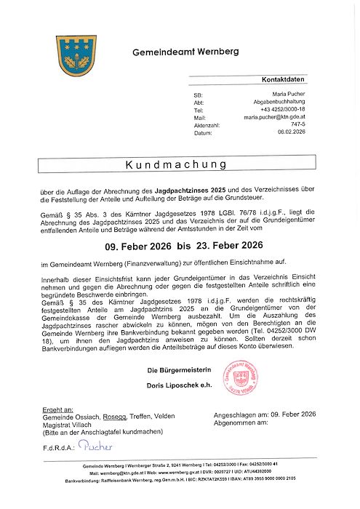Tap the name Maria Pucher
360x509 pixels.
pyautogui.click(x=289, y=95)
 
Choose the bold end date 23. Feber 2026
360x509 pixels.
pyautogui.click(x=226, y=246)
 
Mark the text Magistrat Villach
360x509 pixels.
pyautogui.click(x=68, y=424)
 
